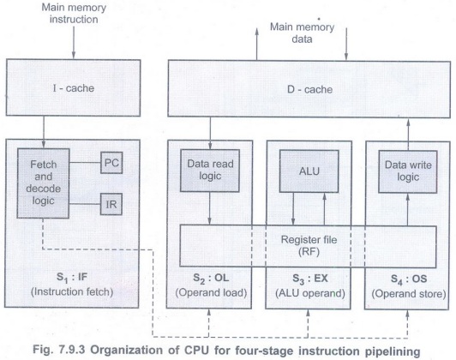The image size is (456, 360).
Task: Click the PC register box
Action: [x=111, y=163]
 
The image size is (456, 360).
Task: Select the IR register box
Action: [x=111, y=204]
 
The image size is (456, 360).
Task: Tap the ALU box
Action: [x=309, y=171]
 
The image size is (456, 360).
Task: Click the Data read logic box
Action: [x=210, y=171]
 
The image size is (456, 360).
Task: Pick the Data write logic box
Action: [x=408, y=171]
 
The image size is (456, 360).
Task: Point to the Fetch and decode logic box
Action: [x=43, y=183]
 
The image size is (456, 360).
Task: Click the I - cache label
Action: [x=74, y=88]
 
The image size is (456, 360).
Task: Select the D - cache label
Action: [x=309, y=89]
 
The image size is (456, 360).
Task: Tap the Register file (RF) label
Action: [x=309, y=246]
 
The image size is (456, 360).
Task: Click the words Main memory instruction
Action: [x=74, y=14]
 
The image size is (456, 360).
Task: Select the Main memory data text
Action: [x=303, y=33]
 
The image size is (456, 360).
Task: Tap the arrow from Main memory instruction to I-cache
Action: [x=74, y=43]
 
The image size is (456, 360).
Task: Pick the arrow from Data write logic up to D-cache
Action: [x=408, y=135]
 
